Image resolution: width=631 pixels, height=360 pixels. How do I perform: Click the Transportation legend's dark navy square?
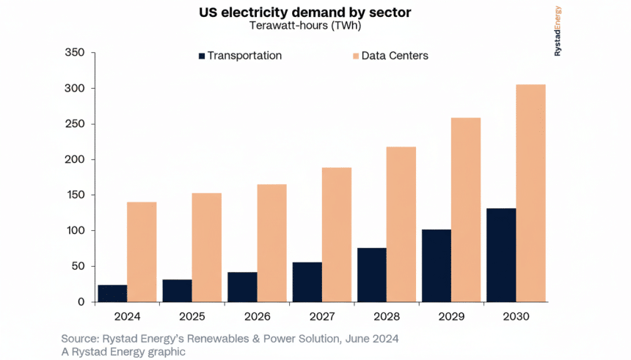coord(200,56)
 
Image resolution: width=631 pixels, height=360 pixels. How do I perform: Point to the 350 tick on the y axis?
coord(76,53)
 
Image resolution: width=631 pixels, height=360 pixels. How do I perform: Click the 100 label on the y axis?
coord(76,231)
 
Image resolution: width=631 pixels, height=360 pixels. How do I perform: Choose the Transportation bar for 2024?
coord(112,293)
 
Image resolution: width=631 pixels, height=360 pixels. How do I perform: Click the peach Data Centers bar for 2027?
coord(336,235)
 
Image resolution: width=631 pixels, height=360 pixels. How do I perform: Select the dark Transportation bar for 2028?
coord(371,275)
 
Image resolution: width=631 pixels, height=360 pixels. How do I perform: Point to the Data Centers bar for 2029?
coord(466,210)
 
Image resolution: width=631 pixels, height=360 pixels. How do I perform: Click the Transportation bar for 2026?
coord(242,287)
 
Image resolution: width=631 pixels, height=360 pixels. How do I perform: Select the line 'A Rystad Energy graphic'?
coord(124,352)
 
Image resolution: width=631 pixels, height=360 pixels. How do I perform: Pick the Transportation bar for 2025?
coord(177,290)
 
